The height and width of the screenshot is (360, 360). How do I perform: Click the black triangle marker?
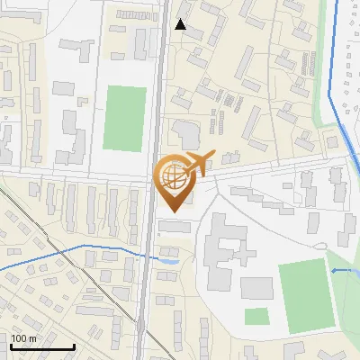(x=182, y=25)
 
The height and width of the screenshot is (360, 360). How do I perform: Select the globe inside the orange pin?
(x=172, y=177)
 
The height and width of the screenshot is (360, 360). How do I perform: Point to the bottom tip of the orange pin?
(x=172, y=212)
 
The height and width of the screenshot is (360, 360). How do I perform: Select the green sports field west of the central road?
(x=124, y=117)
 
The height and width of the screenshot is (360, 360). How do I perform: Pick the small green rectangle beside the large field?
(x=256, y=316)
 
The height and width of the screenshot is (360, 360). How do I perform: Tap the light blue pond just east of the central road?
(x=168, y=261)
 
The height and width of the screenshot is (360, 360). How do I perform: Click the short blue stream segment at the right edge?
(x=344, y=270)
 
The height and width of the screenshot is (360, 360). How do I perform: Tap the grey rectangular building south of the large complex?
(x=256, y=288)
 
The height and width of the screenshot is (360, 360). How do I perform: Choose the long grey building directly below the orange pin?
(x=175, y=226)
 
